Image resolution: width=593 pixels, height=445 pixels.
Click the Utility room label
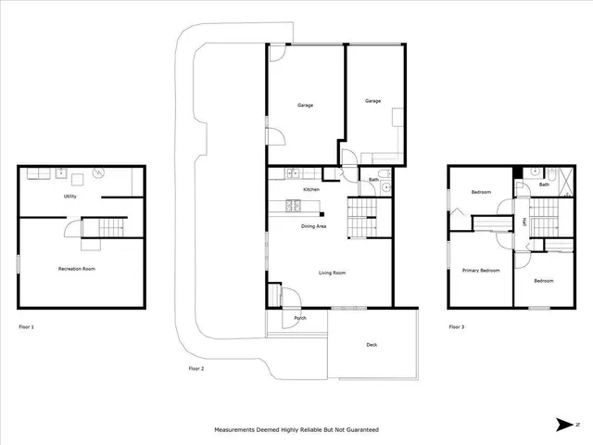point(69,197)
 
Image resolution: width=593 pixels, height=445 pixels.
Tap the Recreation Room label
point(77,269)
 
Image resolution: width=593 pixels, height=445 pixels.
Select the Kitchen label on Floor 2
point(311,189)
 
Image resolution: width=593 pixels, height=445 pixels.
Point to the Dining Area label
point(313,226)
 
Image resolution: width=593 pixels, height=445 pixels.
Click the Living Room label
point(332,273)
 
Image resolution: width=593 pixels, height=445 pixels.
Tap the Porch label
point(300,318)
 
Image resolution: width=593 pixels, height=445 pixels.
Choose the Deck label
point(372,345)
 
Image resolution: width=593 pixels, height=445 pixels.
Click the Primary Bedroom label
point(481,270)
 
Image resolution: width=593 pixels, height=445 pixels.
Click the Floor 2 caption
point(196,368)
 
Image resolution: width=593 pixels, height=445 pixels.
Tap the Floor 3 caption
point(456,326)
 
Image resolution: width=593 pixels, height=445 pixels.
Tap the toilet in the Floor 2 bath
point(386,186)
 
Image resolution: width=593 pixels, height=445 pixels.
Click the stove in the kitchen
point(293,204)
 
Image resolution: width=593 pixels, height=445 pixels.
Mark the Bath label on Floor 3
point(544,184)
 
